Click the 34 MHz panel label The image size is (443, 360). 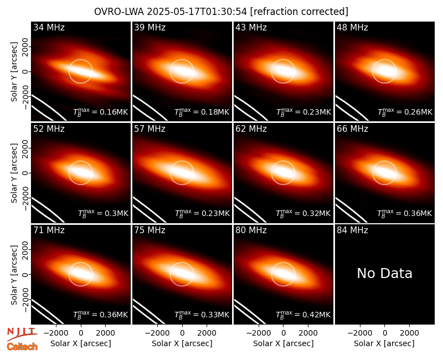49,27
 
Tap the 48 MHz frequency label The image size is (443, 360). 352,27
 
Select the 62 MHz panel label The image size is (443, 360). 251,129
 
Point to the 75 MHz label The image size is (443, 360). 150,230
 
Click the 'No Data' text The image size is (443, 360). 384,273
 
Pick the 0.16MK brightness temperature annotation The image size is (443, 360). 101,112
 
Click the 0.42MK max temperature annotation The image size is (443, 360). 303,314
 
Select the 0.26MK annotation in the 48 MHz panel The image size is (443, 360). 405,112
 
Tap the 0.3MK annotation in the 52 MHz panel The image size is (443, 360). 103,213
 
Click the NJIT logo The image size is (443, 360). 22,333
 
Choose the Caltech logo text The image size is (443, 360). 22,347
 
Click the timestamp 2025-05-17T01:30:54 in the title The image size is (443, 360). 197,12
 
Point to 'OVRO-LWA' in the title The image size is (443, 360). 119,12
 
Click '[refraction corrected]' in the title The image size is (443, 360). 299,12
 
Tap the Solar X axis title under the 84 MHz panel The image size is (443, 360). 384,343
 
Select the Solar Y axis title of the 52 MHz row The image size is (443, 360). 14,173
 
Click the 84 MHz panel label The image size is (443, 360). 352,230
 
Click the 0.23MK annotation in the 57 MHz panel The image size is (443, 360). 202,213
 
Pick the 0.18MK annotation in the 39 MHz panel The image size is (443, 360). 202,112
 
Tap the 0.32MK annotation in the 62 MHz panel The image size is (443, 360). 303,213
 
